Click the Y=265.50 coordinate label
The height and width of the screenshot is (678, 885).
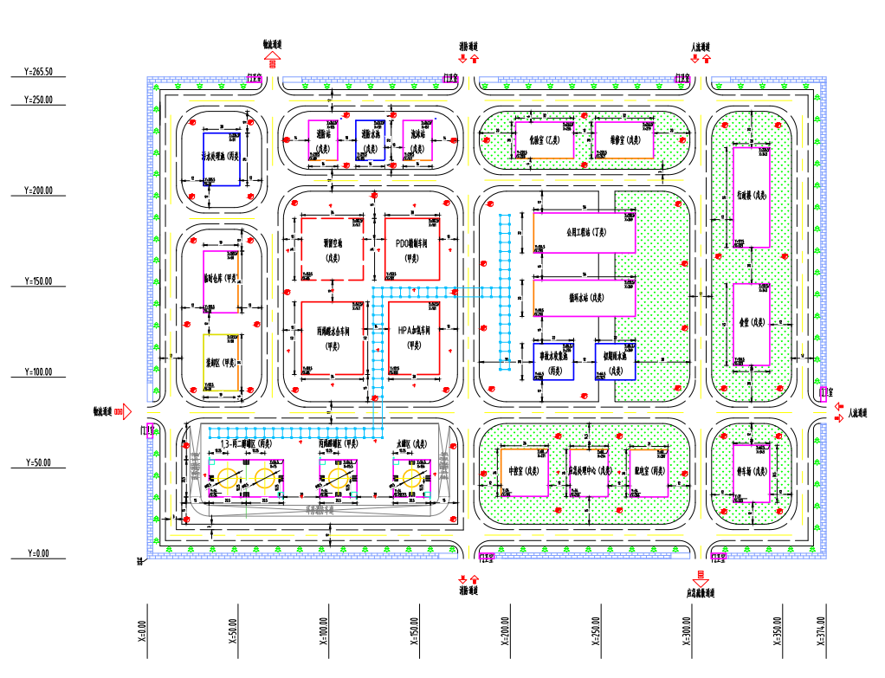tap(39, 72)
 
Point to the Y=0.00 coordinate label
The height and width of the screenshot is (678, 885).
tap(39, 553)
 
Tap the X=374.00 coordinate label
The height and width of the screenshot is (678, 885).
tap(820, 631)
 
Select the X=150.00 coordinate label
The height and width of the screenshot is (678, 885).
tap(415, 631)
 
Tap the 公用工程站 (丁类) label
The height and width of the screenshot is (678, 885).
tap(586, 232)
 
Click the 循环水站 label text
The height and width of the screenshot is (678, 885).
tap(585, 297)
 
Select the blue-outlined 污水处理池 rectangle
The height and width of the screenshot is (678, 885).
tap(221, 158)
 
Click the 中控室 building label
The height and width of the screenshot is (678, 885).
tap(525, 472)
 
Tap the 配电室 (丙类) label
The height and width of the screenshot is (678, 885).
tap(649, 472)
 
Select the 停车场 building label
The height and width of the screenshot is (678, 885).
tap(751, 472)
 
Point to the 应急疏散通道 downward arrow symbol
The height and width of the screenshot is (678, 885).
tap(697, 575)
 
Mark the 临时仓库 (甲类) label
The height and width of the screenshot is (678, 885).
tap(221, 279)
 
